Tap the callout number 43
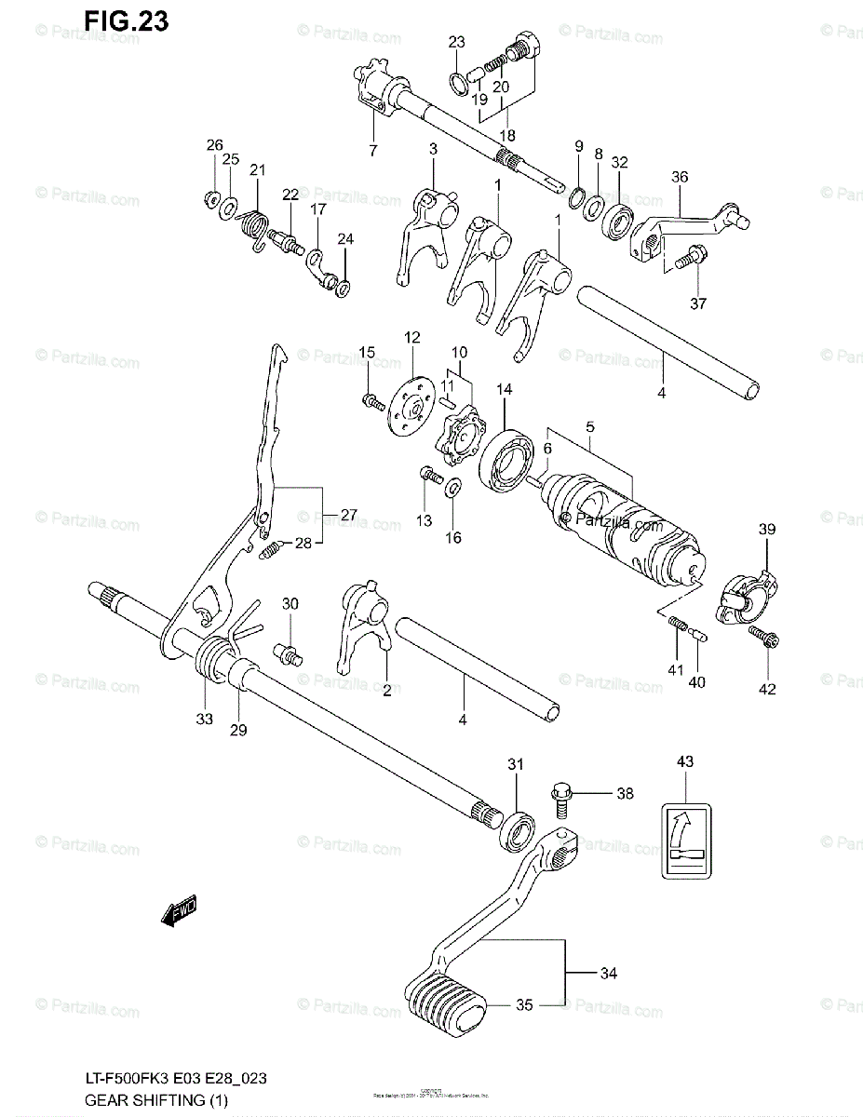pos(684,762)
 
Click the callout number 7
pos(372,150)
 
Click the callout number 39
pos(766,530)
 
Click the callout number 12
pos(412,337)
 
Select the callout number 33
pos(204,718)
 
